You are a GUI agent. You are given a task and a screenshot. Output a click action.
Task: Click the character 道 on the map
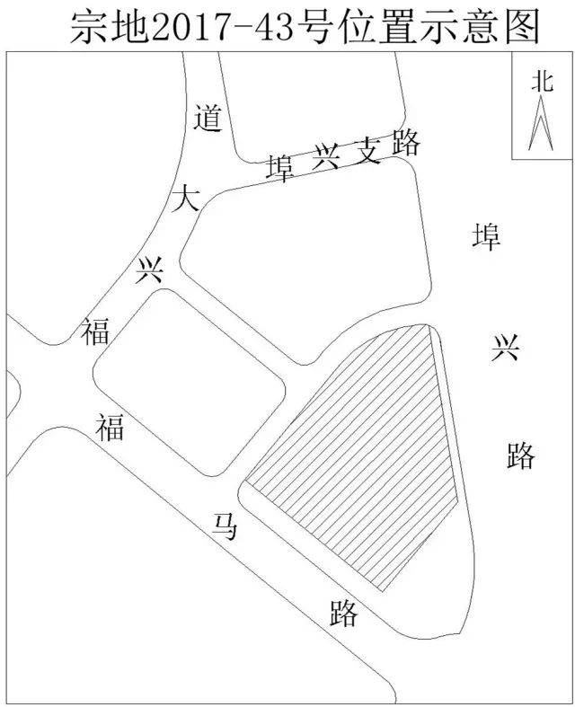click(x=208, y=119)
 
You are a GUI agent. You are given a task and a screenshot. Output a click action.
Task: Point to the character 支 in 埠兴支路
click(x=365, y=152)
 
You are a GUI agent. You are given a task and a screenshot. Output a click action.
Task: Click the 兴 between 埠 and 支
click(x=323, y=160)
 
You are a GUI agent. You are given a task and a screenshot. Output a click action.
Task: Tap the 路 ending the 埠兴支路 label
click(x=405, y=143)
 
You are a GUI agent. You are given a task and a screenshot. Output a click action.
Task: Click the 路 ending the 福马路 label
click(x=343, y=614)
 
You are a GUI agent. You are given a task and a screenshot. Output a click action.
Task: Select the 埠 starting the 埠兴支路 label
click(x=281, y=168)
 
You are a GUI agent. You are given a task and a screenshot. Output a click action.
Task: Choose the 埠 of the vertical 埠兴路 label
click(x=486, y=237)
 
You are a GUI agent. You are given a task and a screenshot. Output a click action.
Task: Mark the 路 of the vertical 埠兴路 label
click(x=520, y=455)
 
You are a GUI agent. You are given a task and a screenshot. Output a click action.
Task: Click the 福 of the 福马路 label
click(x=110, y=427)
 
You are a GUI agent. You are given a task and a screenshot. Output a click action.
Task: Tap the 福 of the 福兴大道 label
click(x=95, y=331)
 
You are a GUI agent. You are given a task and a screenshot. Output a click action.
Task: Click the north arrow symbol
click(x=542, y=125)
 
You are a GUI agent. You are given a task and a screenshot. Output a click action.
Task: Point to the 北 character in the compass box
click(x=542, y=82)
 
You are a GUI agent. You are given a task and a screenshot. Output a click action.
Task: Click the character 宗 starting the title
click(x=91, y=29)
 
